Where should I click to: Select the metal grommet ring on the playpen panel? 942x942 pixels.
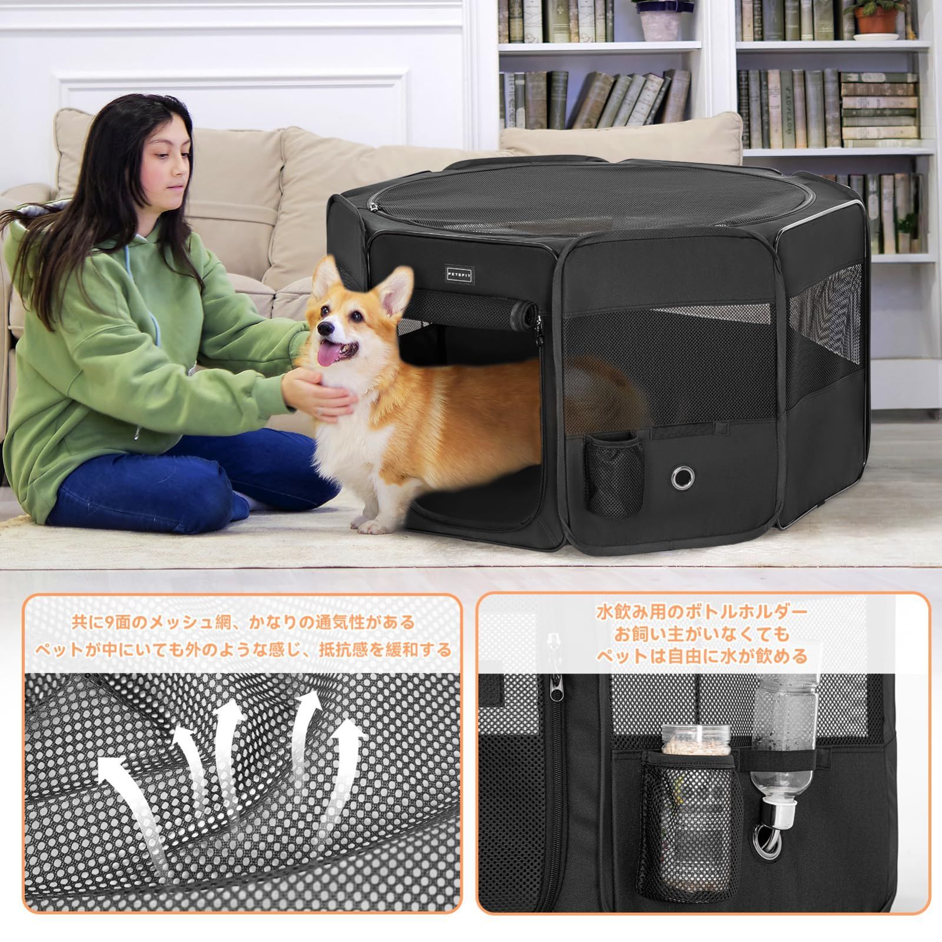click(x=682, y=476)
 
